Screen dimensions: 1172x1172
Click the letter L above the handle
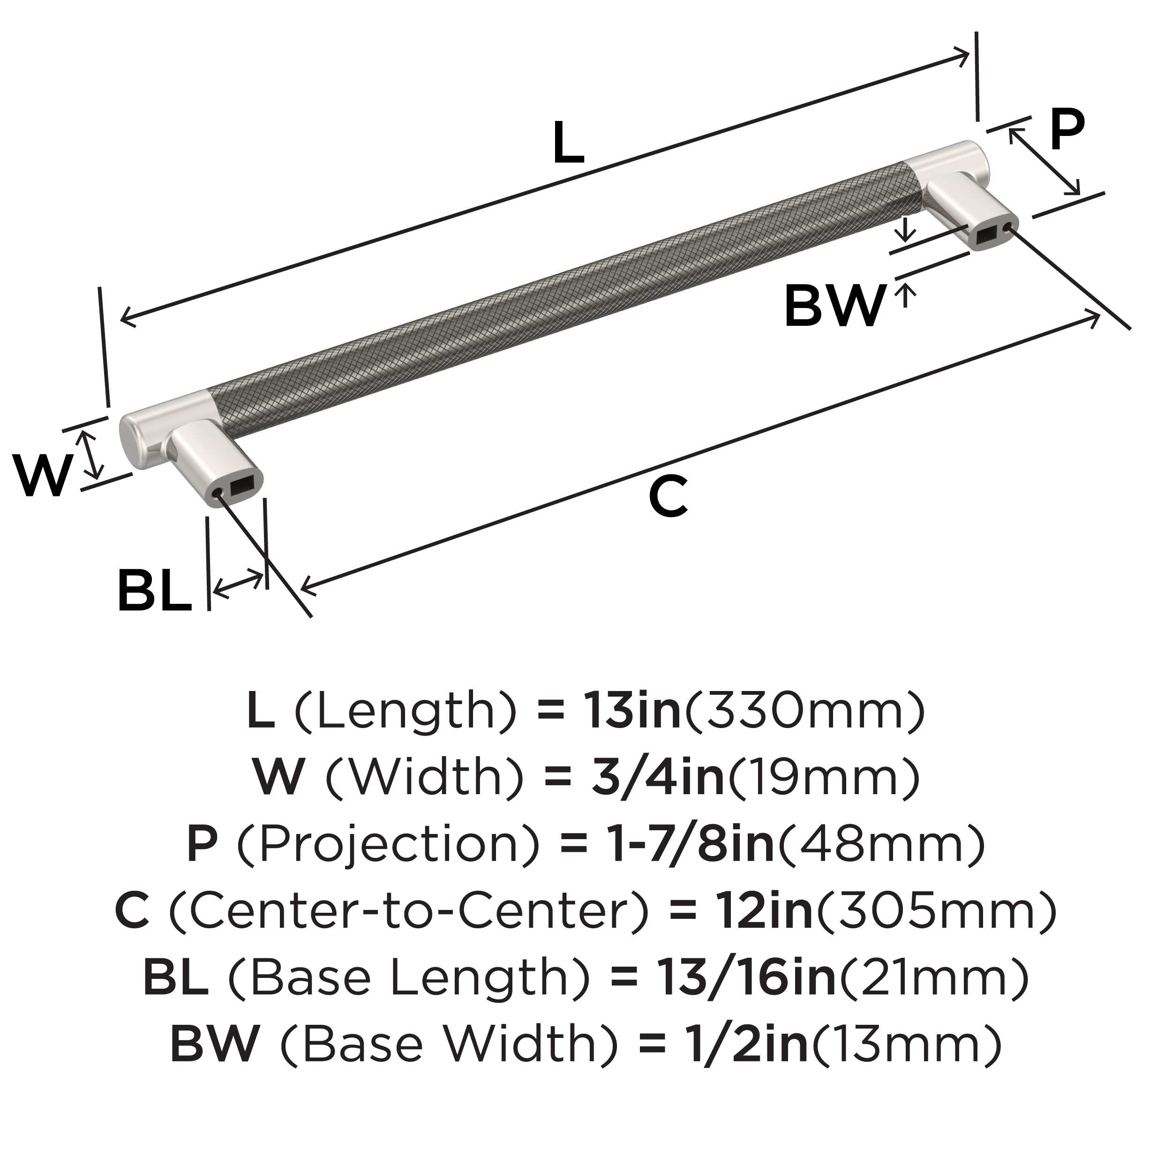[568, 143]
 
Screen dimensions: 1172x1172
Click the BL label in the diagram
[155, 590]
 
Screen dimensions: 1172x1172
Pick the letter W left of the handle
[43, 475]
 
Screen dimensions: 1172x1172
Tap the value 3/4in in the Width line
[658, 778]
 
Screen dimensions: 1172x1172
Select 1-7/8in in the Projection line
[691, 844]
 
